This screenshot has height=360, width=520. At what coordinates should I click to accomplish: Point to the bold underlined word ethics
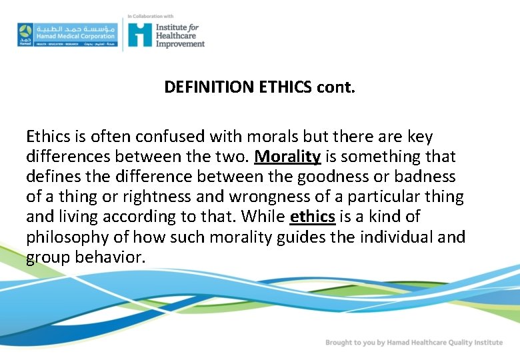click(313, 217)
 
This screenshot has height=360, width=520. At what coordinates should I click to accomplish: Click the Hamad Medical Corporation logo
click(67, 33)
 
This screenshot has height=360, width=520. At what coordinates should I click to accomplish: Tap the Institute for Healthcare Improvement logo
click(166, 33)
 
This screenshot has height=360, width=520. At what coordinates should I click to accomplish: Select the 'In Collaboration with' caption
click(150, 15)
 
